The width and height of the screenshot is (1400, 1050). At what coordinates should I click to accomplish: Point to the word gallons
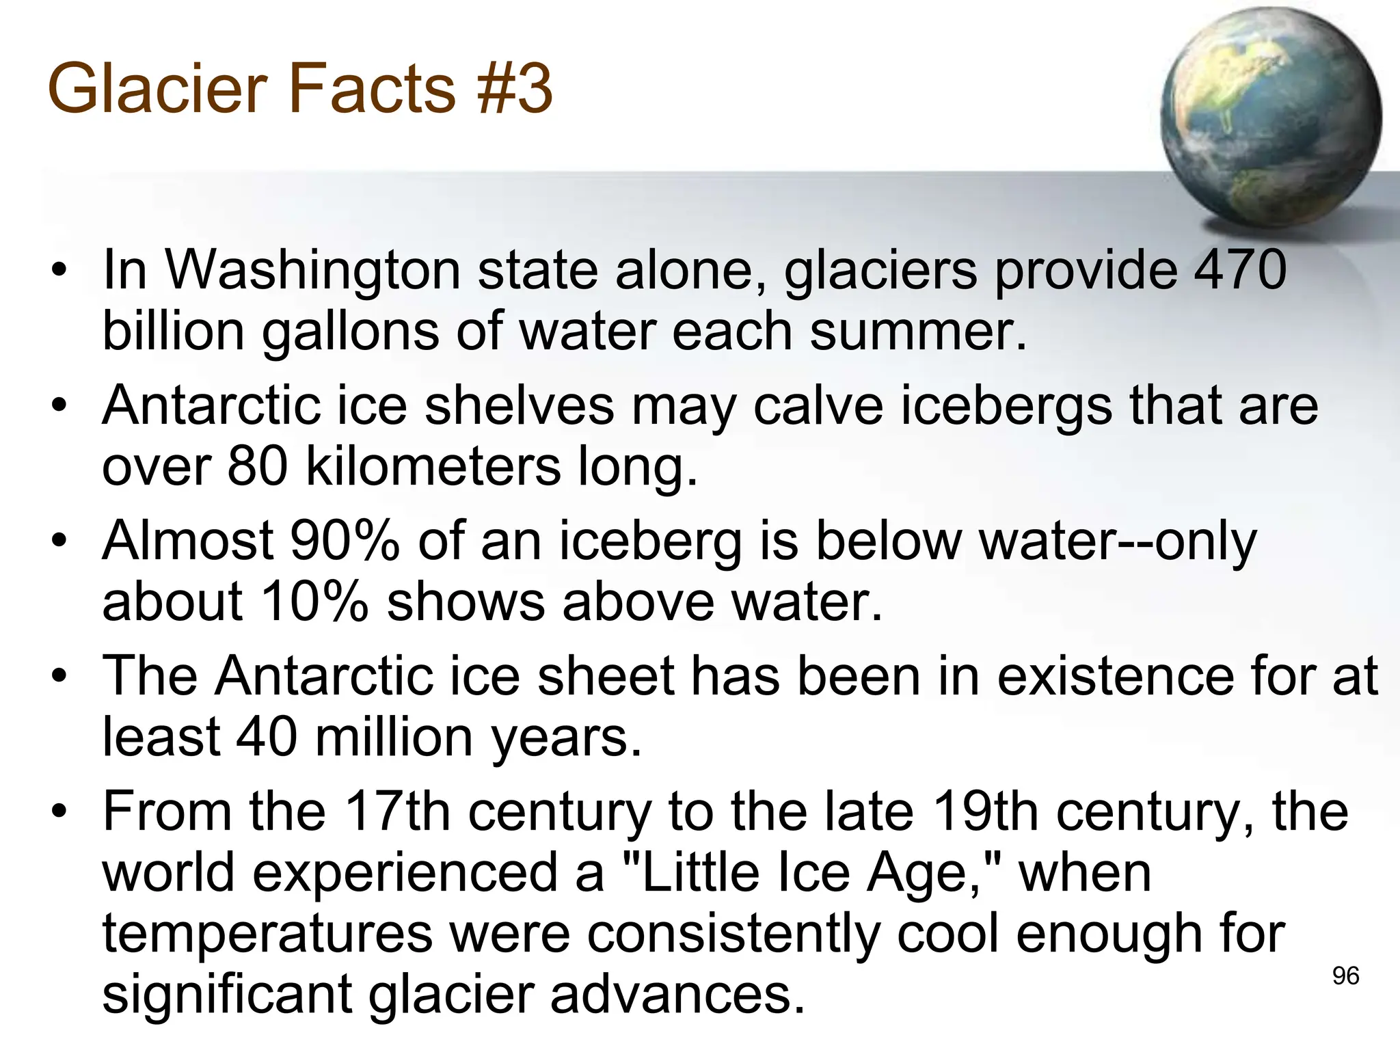(351, 332)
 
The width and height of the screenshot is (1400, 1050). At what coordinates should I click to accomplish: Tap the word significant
(226, 995)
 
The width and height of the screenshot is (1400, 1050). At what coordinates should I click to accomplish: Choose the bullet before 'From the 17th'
(60, 811)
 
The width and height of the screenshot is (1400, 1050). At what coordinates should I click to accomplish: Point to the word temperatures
(267, 934)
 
